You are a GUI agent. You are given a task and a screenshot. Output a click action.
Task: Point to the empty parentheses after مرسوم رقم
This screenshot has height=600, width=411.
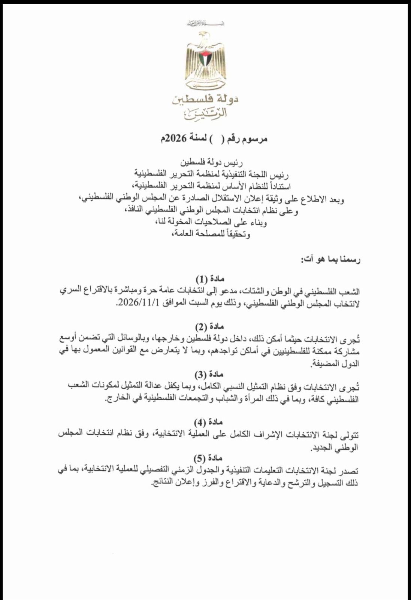217,139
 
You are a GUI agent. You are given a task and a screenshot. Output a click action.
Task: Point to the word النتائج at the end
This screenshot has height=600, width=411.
163,483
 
